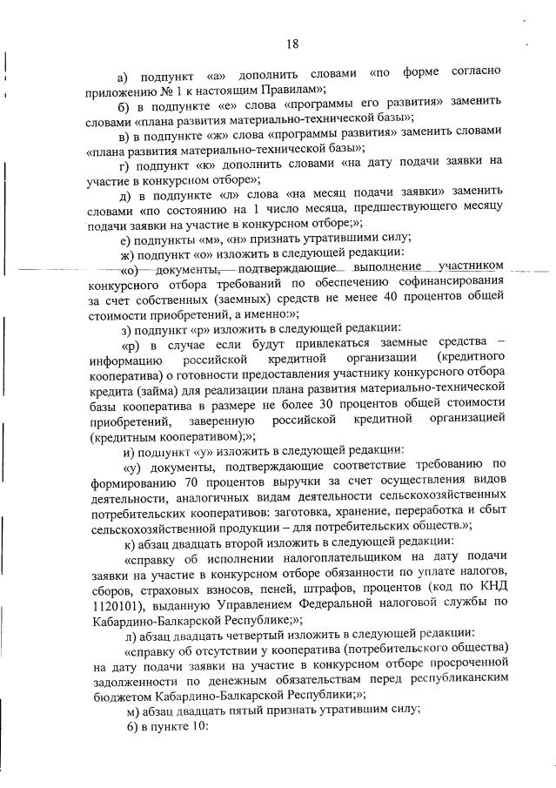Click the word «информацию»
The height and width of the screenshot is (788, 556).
pos(127,360)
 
